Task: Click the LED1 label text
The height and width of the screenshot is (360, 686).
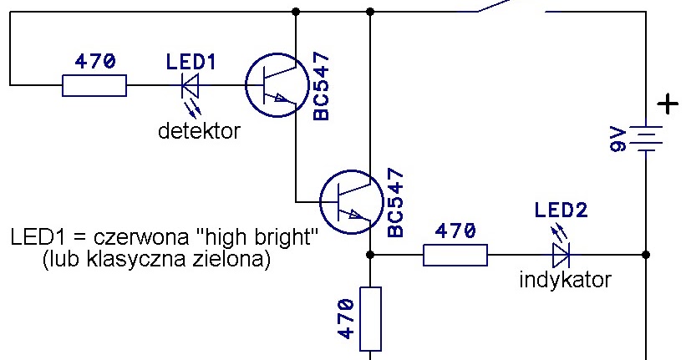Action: tap(191, 62)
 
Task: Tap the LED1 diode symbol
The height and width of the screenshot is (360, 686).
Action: tap(191, 85)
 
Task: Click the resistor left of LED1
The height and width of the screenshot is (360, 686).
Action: tap(94, 85)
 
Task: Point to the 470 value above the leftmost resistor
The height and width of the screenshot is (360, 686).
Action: tap(94, 62)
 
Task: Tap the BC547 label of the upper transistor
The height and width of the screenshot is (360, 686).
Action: tap(322, 86)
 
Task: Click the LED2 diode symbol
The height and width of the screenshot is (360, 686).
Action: tap(561, 254)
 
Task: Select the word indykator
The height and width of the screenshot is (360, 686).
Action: tap(565, 280)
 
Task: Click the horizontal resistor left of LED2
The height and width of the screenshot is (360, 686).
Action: tap(455, 254)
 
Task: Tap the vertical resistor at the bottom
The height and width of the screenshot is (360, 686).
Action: tap(370, 318)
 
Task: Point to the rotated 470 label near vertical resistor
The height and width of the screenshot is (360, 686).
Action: tap(347, 318)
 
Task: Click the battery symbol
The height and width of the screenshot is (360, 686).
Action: tap(646, 138)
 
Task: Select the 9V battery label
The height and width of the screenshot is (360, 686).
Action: tap(618, 139)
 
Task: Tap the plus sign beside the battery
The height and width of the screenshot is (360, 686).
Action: tap(667, 105)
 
